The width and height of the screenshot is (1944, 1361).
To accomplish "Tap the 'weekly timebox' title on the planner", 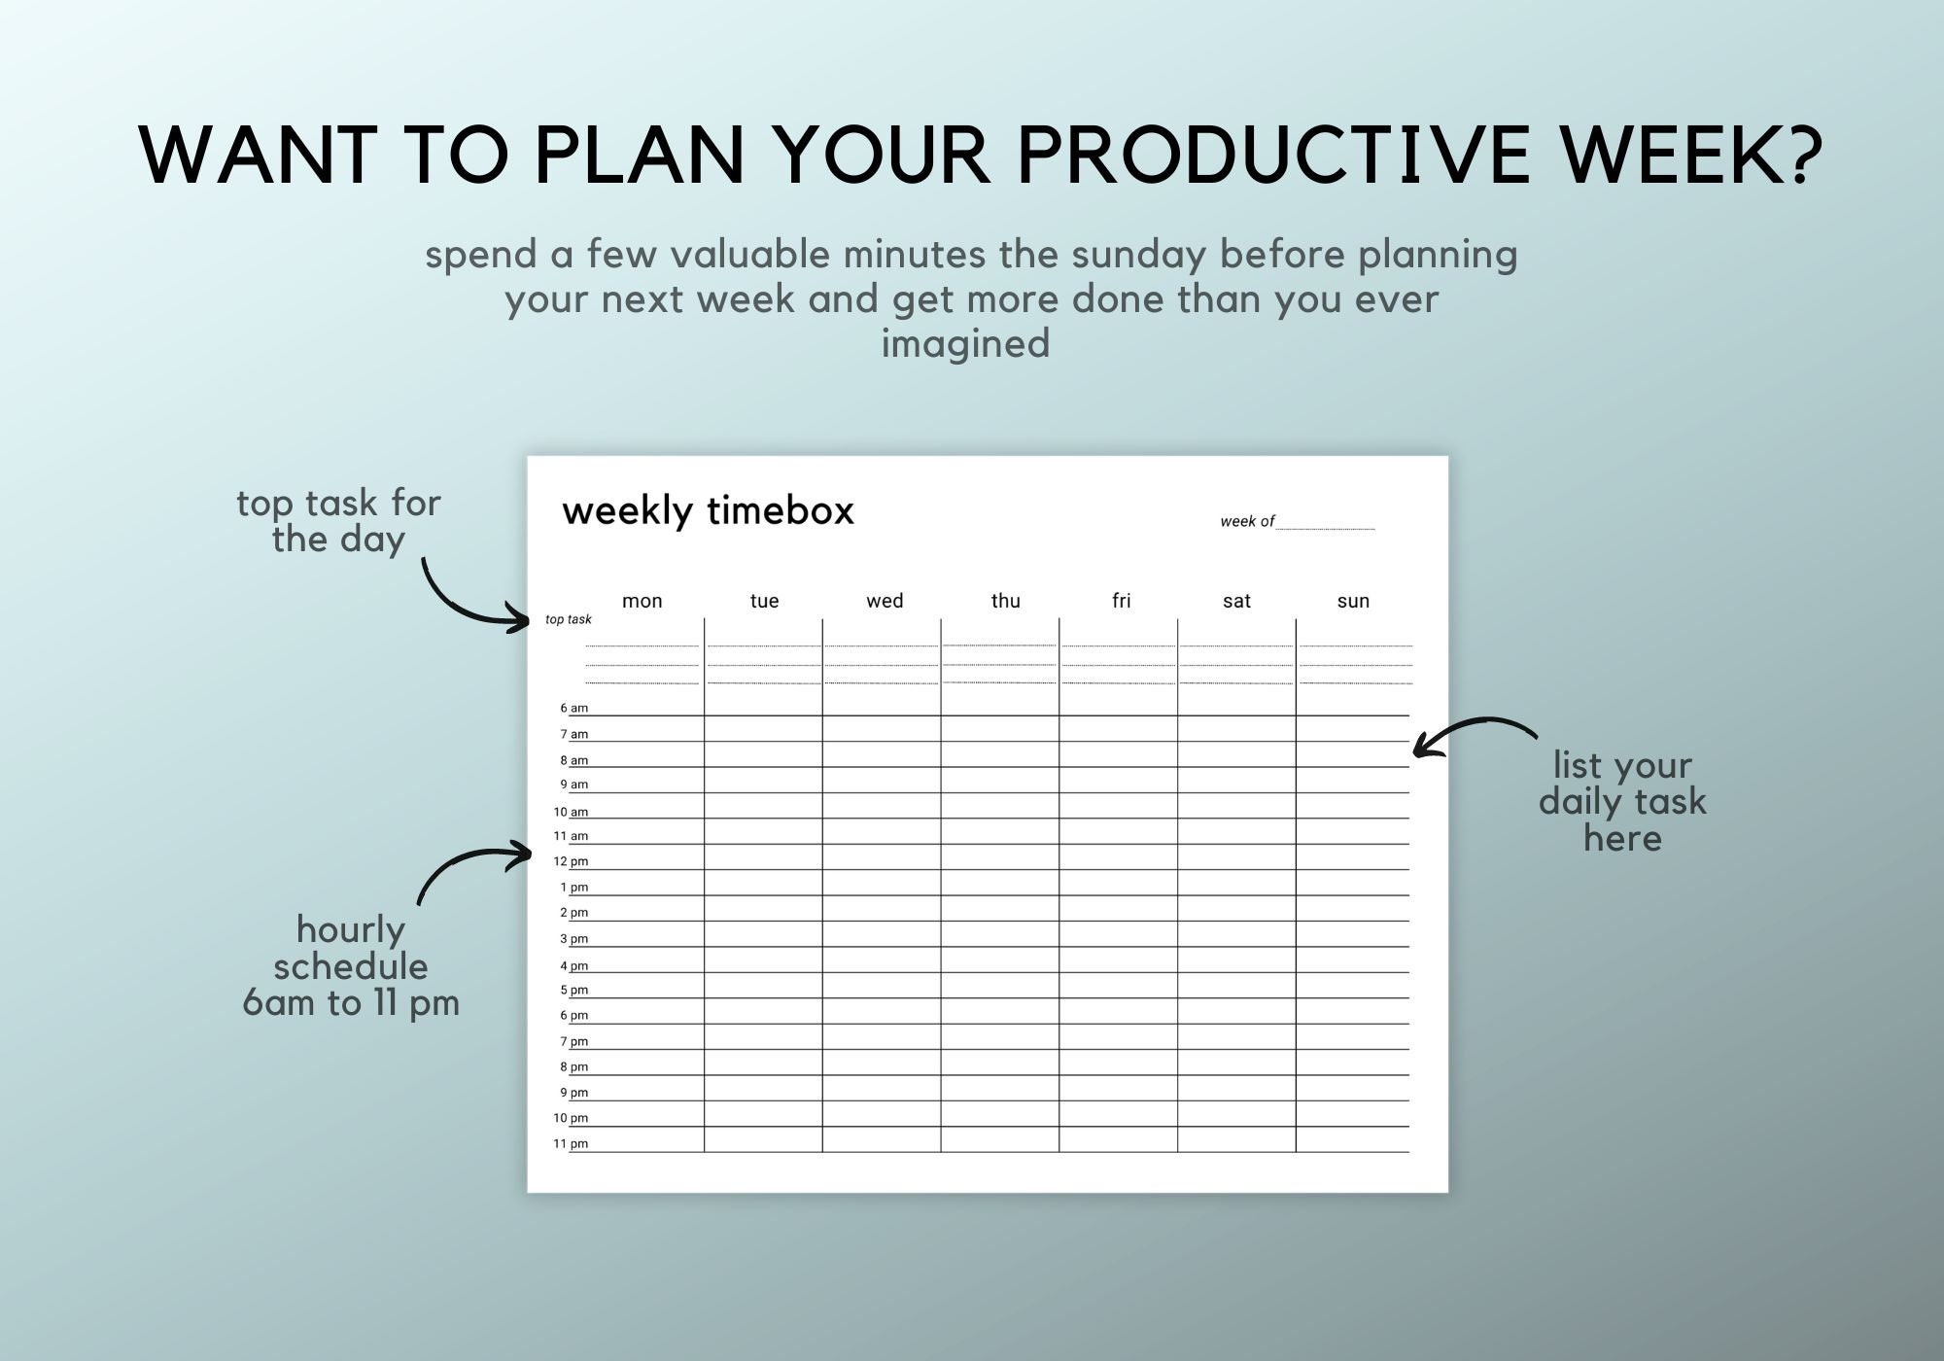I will point(708,510).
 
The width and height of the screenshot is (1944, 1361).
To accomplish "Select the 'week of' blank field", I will point(1325,522).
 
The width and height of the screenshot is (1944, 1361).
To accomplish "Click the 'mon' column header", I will point(642,601).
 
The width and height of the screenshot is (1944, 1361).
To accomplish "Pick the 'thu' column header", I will point(1005,601).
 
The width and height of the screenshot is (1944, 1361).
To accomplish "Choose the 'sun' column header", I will point(1352,601).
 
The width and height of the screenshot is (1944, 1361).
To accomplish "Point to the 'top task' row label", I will point(568,619).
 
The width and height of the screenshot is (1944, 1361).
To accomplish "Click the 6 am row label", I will point(573,708).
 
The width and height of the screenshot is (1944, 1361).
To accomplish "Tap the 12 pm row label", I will point(571,861).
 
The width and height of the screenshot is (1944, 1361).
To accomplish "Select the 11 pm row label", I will point(571,1143).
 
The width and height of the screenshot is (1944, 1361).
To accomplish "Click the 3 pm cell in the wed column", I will point(881,934).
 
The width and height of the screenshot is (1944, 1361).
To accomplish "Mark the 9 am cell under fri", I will point(1118,780).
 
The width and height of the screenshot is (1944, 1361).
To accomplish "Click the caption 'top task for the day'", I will point(338,521).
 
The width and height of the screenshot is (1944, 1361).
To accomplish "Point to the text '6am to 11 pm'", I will point(351,1003).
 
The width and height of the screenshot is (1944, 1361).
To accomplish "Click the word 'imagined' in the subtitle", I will point(965,344).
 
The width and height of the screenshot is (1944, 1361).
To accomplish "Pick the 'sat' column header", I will point(1235,601).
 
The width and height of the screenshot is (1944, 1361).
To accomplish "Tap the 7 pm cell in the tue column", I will point(763,1036).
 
